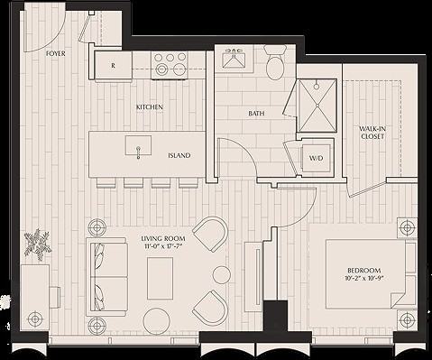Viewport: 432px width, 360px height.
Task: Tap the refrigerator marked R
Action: click(113, 65)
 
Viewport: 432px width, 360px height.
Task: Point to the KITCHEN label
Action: click(150, 107)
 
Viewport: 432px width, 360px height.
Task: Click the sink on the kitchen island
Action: click(138, 149)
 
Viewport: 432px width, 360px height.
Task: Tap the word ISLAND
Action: click(179, 155)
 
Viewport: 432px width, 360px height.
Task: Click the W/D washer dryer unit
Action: click(317, 159)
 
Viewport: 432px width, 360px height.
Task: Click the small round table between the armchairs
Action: click(221, 275)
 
